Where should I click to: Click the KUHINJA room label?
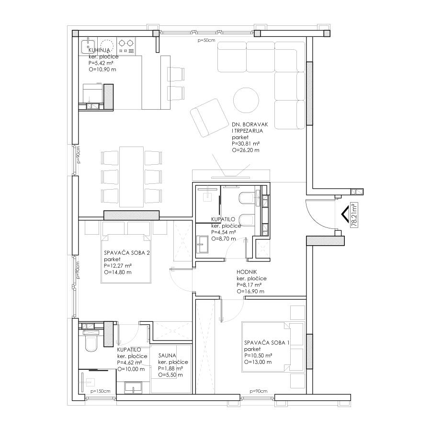pos(99,50)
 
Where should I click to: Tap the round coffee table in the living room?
pos(246,100)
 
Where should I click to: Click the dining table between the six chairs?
pos(131,177)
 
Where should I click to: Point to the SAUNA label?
pos(167,355)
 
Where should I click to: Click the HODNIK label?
pos(247,272)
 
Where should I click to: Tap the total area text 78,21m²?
pos(354,215)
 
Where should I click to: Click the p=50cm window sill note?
pos(206,40)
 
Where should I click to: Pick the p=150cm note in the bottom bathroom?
pos(101,391)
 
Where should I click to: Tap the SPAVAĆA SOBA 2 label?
pos(127,252)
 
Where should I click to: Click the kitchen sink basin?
pos(88,46)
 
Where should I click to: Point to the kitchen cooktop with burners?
pos(126,46)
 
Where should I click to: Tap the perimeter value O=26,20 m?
pos(246,150)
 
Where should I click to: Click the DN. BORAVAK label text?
pos(250,125)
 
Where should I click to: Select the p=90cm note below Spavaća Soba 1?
pos(259,391)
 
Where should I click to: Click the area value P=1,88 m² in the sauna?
pos(170,368)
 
